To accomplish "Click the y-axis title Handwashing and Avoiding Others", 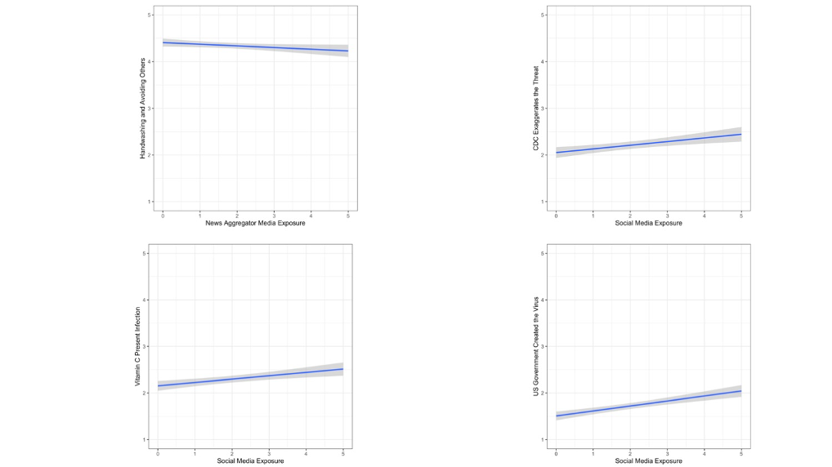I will pyautogui.click(x=142, y=108).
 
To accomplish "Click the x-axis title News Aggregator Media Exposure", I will pyautogui.click(x=255, y=223).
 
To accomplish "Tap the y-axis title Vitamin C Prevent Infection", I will pyautogui.click(x=137, y=346).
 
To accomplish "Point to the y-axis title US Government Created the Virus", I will pyautogui.click(x=536, y=346).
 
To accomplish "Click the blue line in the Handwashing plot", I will pyautogui.click(x=255, y=47).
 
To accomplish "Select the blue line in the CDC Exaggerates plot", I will pyautogui.click(x=648, y=144).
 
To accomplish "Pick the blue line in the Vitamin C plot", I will pyautogui.click(x=250, y=377).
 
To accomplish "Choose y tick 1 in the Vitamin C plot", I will pyautogui.click(x=145, y=440).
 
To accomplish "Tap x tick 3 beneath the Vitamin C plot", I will pyautogui.click(x=269, y=454).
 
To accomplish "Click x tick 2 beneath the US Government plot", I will pyautogui.click(x=629, y=454).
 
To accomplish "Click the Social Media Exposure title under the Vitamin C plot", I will pyautogui.click(x=250, y=461).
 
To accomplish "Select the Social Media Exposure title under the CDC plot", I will pyautogui.click(x=648, y=223).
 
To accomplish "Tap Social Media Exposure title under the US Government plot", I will pyautogui.click(x=648, y=461).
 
